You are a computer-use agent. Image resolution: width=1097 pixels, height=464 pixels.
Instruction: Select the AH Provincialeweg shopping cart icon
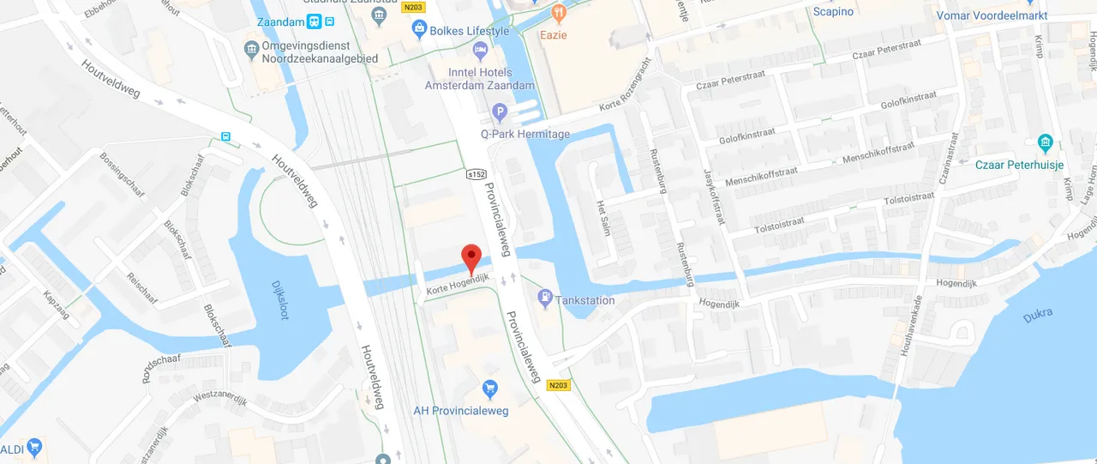tap(489, 389)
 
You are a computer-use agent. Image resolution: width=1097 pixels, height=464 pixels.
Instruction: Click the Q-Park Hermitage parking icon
tap(501, 112)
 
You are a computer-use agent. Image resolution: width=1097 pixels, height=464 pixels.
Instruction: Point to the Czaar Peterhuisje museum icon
tap(1045, 142)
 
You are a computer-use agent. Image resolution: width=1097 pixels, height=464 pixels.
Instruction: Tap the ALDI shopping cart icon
tap(34, 448)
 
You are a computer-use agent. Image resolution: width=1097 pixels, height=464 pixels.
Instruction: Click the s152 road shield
tap(476, 174)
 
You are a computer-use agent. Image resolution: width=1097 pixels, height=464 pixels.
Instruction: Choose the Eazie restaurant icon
tap(558, 13)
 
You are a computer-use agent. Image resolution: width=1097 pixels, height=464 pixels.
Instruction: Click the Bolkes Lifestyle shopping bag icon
tap(419, 31)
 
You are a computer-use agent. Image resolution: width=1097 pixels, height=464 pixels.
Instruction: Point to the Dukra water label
tap(1038, 316)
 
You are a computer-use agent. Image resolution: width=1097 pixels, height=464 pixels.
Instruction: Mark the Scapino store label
tap(833, 11)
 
